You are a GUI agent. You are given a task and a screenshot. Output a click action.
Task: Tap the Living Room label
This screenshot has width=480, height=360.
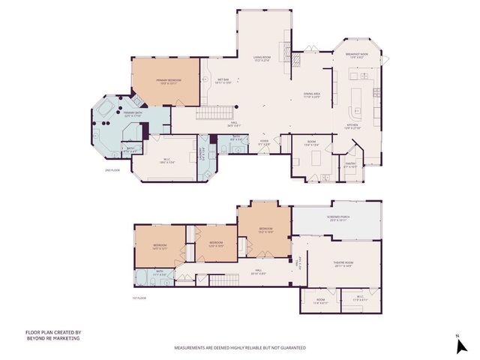coord(262,59)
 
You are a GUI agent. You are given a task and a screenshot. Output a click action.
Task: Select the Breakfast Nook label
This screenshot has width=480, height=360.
coord(355,54)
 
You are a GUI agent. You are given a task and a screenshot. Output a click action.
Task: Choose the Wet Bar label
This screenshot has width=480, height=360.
coord(223,81)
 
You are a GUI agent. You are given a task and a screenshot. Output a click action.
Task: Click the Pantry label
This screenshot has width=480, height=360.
coord(349,164)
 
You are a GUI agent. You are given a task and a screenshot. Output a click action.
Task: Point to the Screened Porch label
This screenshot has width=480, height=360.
coord(336,219)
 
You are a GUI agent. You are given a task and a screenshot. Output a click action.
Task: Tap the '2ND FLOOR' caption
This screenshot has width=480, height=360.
coord(113,171)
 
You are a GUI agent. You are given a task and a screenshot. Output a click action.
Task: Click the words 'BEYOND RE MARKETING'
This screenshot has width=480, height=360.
coord(53,338)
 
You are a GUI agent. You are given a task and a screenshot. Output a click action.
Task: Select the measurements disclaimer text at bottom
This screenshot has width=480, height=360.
coord(240,348)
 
